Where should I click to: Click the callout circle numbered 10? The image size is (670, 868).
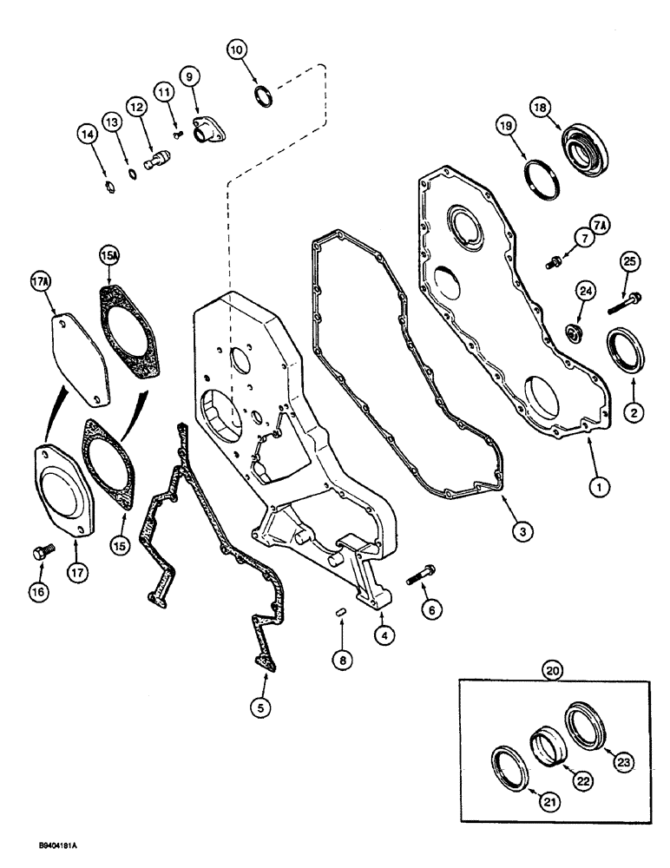pos(238,49)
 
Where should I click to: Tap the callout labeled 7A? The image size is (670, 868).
pos(601,224)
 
